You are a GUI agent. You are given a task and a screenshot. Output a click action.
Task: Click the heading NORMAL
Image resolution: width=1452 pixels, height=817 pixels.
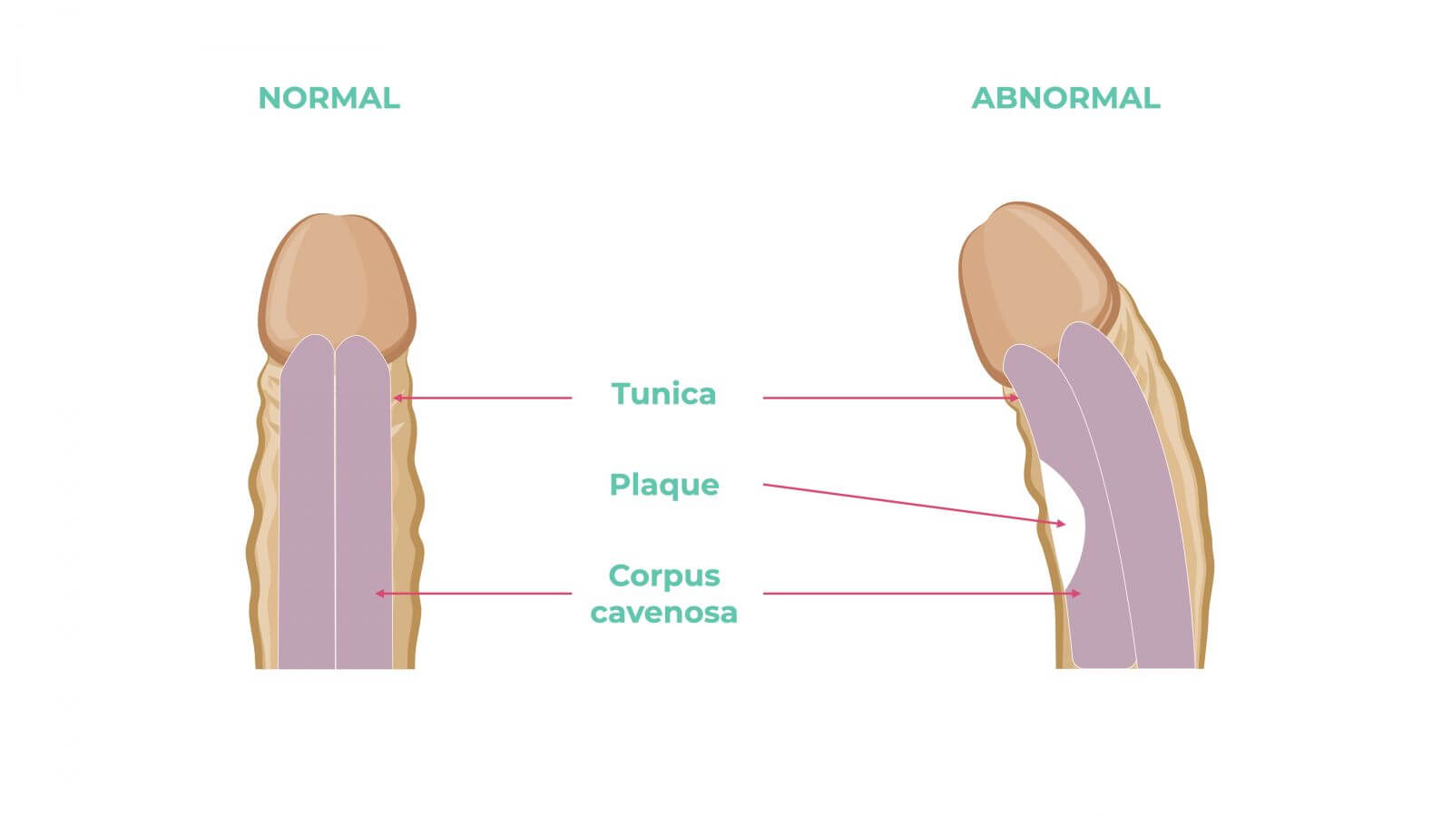[x=329, y=98]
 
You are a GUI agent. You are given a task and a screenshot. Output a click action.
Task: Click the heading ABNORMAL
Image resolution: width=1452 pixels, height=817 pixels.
[x=1065, y=98]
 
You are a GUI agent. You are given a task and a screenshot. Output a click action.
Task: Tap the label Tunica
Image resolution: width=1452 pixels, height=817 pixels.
[x=663, y=394]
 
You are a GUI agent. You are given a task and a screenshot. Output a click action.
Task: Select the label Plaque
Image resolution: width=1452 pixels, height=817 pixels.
[x=663, y=485]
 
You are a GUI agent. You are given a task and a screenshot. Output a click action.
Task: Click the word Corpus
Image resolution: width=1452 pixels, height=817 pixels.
[x=663, y=576]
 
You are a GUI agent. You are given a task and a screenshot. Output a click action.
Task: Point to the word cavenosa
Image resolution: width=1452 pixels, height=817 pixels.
[x=663, y=613]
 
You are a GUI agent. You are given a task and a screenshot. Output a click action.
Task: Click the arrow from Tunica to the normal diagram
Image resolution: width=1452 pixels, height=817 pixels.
[x=486, y=398]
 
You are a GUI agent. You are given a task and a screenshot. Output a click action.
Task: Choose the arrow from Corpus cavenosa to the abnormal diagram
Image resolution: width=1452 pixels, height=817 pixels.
[x=917, y=594]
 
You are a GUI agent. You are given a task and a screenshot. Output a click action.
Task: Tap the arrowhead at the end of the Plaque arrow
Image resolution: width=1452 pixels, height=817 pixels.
[x=1061, y=524]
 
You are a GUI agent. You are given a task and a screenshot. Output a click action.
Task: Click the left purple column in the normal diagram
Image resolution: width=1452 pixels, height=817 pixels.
[x=307, y=508]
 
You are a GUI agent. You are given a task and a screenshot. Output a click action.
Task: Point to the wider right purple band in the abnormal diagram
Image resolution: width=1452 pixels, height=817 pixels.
[x=1143, y=508]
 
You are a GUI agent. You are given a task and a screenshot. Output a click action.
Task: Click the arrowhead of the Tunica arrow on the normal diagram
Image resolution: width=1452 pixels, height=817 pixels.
[x=397, y=398]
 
